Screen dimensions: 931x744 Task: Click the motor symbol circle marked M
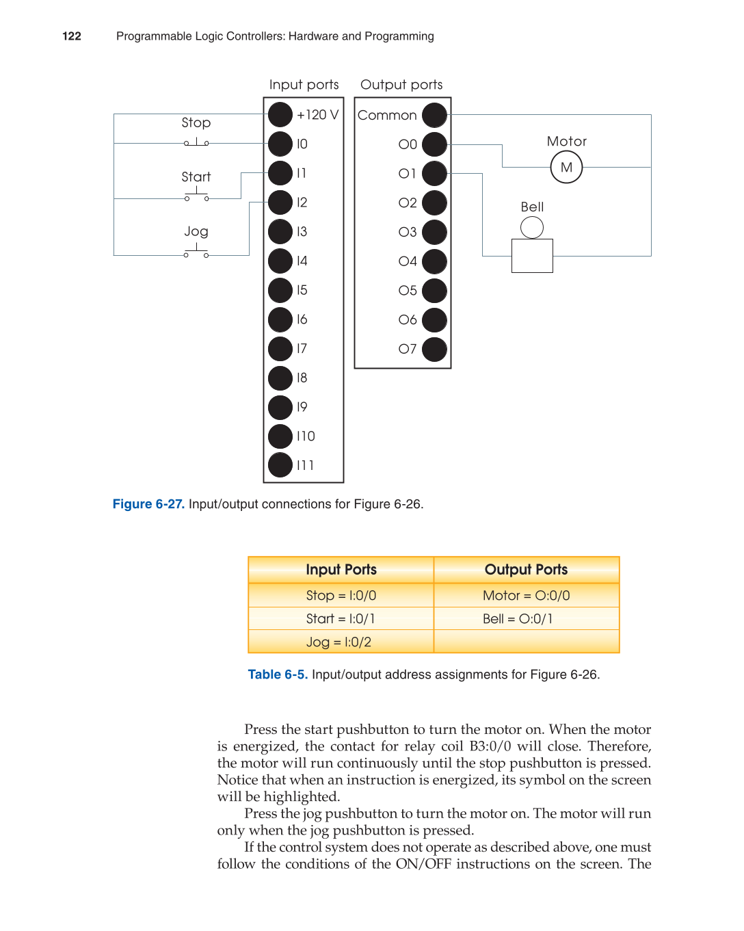566,167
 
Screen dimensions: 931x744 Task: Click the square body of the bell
532,255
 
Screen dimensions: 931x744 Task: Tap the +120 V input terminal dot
280,115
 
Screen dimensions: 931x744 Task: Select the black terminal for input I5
280,290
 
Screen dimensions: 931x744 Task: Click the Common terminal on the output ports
434,115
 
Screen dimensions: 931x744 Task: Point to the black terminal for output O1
434,174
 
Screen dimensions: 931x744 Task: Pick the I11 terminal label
305,465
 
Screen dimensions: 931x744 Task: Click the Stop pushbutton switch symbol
196,142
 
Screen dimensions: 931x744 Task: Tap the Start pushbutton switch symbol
196,196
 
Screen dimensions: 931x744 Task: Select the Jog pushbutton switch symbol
196,252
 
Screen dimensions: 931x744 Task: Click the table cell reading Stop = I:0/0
341,595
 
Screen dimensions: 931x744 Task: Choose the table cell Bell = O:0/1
518,618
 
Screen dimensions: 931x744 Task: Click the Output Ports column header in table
526,569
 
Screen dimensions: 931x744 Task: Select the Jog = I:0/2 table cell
339,642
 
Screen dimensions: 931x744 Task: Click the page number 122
72,36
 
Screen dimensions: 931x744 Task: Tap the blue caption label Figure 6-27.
148,504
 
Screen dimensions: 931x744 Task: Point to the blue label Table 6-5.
278,674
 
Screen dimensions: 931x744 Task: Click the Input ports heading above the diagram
304,85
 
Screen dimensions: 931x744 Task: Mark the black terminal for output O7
434,349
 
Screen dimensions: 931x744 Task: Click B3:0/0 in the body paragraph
490,746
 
